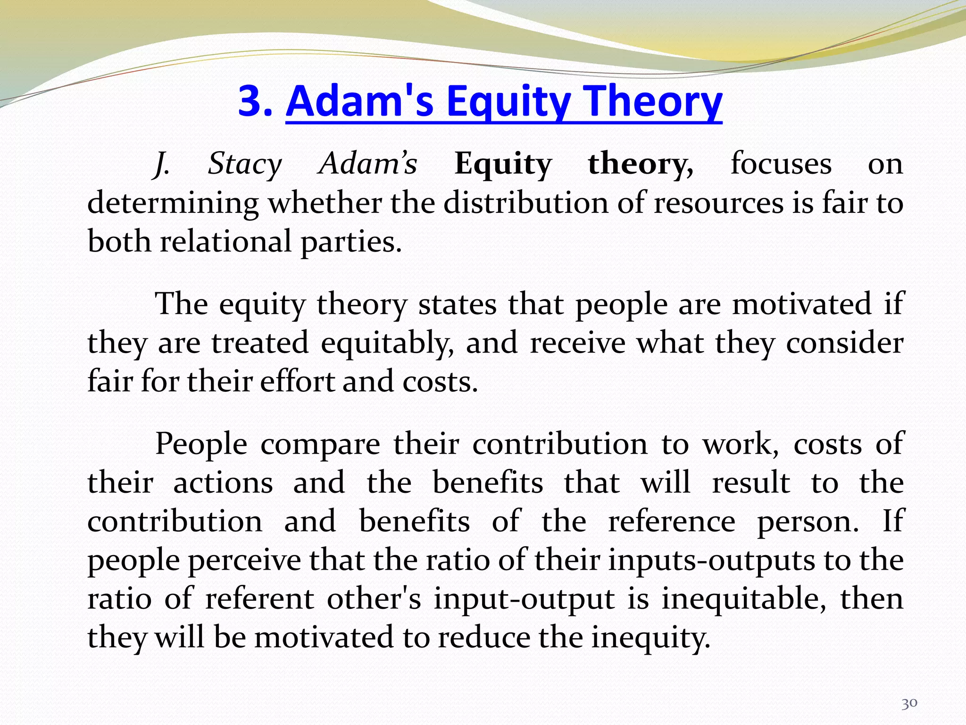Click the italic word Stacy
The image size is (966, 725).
[245, 164]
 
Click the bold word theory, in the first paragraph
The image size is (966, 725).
[641, 164]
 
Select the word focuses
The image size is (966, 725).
[781, 164]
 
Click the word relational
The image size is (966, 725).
[225, 242]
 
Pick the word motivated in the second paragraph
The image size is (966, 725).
[801, 303]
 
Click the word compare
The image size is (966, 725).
[320, 444]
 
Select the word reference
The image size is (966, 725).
[671, 522]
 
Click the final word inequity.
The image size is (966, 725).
[650, 638]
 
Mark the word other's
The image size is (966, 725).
[374, 599]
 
